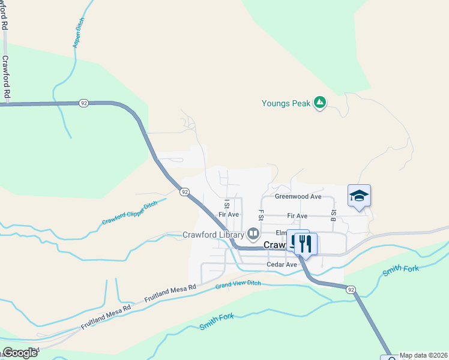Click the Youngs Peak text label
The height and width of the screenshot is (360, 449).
286,103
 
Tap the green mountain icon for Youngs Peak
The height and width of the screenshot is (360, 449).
321,103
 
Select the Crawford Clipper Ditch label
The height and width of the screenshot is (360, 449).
129,213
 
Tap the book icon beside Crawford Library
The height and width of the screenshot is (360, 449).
253,233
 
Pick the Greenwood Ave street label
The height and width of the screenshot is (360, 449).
298,196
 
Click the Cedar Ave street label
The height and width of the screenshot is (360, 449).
282,265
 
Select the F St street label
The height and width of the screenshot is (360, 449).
261,215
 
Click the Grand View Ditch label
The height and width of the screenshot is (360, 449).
238,283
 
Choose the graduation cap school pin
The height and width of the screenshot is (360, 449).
359,196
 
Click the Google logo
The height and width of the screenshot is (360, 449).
20,352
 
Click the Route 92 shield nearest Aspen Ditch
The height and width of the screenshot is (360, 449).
83,103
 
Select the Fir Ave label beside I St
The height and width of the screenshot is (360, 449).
229,214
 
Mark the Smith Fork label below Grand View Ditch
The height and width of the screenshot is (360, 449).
217,322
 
